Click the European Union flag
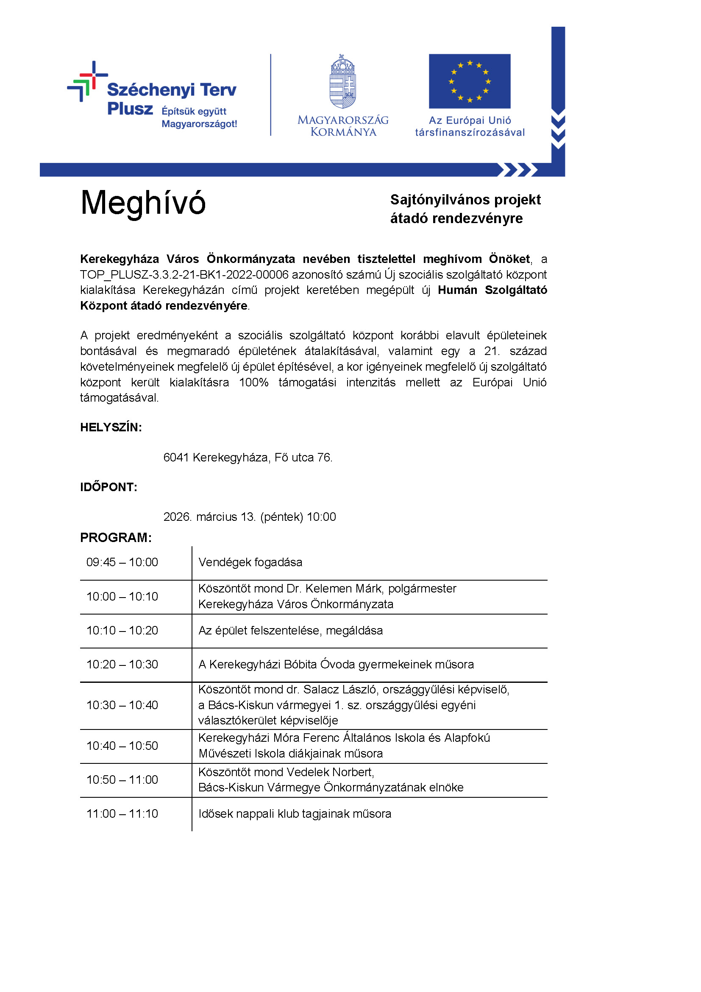469,81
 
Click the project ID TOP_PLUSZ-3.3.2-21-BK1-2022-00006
184,274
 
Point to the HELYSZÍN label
111,428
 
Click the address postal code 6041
176,457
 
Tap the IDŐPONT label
109,487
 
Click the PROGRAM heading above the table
116,537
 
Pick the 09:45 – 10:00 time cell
122,562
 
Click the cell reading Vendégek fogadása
250,562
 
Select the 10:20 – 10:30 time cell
122,664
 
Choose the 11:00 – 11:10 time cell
122,813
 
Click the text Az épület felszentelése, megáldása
290,630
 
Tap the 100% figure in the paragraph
254,383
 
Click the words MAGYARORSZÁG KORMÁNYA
343,126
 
